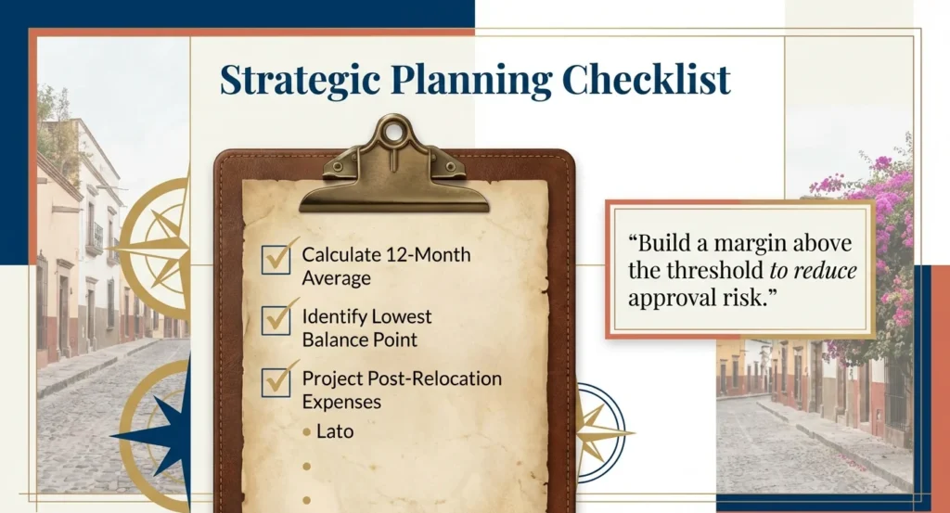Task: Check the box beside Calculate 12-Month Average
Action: pos(276,259)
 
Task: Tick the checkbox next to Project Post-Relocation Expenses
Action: pos(276,382)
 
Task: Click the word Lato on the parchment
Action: pos(335,431)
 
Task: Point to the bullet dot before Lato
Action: pos(306,432)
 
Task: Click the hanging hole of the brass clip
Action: pos(394,132)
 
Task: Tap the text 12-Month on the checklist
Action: pos(432,255)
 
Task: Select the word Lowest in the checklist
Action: pos(402,317)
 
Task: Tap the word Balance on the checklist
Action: pos(331,339)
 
